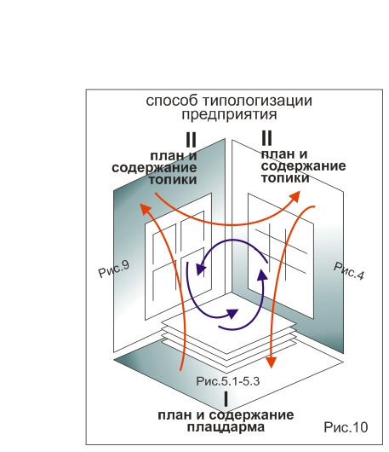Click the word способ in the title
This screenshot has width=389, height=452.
tap(171, 101)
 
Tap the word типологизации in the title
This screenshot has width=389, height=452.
tap(257, 101)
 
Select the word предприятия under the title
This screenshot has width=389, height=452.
tap(229, 115)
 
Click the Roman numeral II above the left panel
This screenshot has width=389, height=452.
tap(192, 140)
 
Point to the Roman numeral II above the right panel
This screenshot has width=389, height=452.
tap(266, 138)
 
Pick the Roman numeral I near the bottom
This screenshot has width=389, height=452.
tap(226, 399)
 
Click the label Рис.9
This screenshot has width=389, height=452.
tap(114, 269)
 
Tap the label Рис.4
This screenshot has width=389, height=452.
tap(349, 271)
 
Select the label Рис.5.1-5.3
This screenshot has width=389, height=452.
tap(228, 381)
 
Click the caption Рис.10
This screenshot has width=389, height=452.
tap(346, 427)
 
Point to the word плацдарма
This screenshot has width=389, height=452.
tap(226, 427)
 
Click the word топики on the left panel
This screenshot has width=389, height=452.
tap(173, 180)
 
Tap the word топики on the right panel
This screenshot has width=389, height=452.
tap(285, 178)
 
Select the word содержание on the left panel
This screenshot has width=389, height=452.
tap(154, 168)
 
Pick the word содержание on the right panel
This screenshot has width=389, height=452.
tap(304, 166)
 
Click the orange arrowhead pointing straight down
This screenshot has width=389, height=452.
tap(271, 362)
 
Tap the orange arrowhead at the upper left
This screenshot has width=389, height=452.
tap(145, 209)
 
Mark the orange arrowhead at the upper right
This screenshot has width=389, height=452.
tap(295, 196)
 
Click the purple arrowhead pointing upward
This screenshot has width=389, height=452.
tap(262, 275)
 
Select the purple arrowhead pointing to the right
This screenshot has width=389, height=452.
tap(232, 314)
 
